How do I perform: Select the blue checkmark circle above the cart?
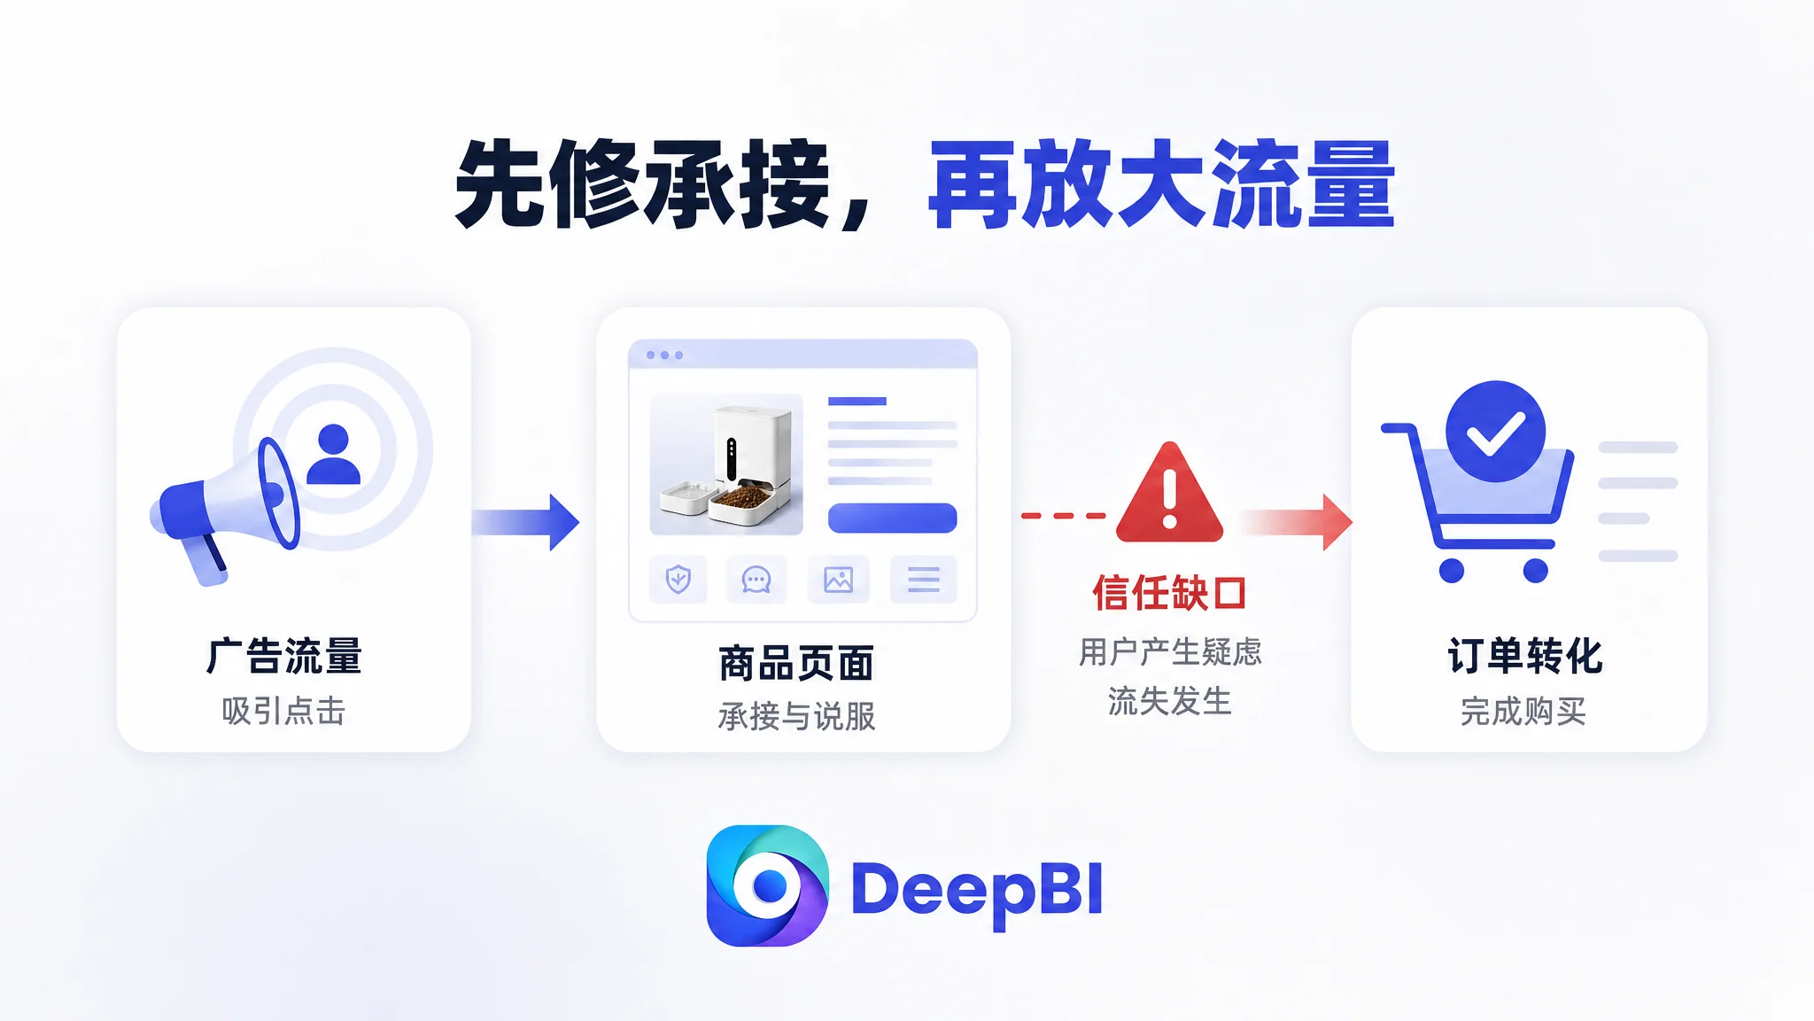(x=1495, y=432)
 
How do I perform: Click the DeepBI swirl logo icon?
(x=767, y=885)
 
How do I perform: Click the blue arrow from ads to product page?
(x=525, y=522)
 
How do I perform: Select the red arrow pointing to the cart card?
(x=1297, y=522)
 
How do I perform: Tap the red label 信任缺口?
(x=1169, y=593)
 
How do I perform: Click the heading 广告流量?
(x=284, y=656)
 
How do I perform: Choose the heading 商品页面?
(x=796, y=663)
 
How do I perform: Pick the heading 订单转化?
(x=1524, y=656)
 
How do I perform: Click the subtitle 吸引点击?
(x=283, y=711)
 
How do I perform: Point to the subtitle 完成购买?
(x=1523, y=711)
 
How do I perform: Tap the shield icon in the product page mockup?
(x=678, y=580)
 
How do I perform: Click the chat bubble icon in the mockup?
(x=756, y=580)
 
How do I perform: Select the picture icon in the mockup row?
(x=838, y=580)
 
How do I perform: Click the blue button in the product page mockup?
(x=892, y=518)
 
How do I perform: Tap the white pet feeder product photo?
(x=726, y=464)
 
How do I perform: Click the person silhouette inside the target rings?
(x=333, y=454)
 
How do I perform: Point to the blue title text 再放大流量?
(x=1161, y=185)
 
